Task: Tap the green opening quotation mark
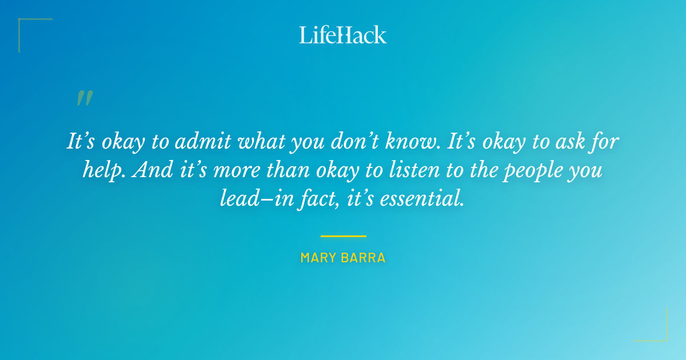coord(84,98)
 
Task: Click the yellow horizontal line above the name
coord(343,235)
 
